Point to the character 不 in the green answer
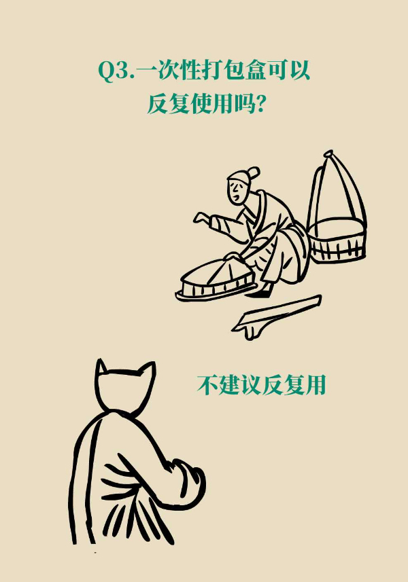coord(207,385)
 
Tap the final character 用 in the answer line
coord(316,385)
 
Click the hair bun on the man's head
coord(254,172)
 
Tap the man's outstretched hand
coord(202,218)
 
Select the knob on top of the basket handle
coord(328,153)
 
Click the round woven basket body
coord(337,240)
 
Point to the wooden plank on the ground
coord(277,316)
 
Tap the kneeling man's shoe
coord(260,291)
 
